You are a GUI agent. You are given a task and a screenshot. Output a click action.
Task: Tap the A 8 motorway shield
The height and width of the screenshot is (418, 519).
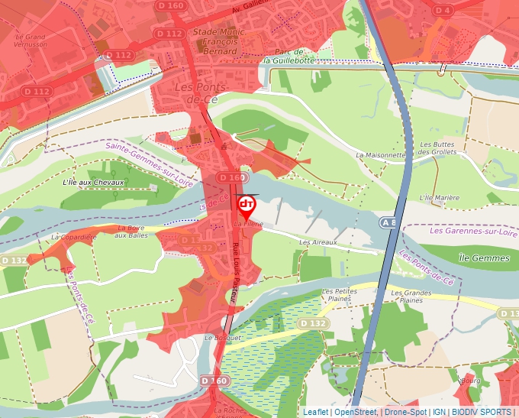388,222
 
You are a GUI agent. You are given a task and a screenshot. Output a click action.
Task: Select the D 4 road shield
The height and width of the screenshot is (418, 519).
442,10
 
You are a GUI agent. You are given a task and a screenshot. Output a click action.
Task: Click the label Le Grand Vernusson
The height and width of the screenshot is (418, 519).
31,41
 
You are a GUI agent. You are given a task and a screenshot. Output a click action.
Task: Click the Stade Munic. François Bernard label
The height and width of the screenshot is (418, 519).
215,41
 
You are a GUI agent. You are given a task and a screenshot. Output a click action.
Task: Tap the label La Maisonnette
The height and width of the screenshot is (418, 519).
381,154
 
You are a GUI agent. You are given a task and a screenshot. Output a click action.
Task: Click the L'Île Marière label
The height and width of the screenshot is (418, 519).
440,197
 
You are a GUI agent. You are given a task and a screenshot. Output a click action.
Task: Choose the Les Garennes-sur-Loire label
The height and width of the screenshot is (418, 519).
469,230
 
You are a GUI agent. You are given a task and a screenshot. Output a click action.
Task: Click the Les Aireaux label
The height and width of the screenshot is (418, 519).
318,242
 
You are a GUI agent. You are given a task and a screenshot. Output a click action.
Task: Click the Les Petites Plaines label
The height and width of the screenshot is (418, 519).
340,296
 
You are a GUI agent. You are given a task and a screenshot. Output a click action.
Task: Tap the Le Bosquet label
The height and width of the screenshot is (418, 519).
223,337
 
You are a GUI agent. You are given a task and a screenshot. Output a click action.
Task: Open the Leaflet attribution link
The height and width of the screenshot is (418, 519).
315,412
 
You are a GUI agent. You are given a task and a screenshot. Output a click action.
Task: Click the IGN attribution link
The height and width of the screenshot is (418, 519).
440,412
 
